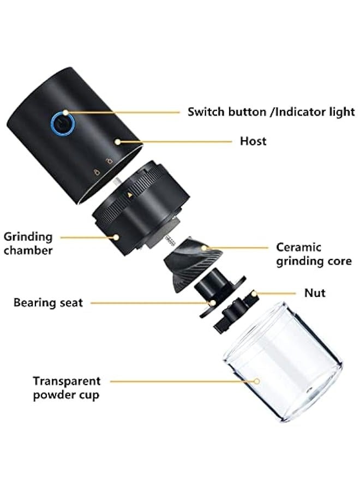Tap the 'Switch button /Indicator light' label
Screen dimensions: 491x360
pos(271,112)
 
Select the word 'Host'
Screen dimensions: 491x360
pos(253,141)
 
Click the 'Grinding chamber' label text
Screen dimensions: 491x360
pos(28,243)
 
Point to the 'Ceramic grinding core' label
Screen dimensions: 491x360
pos(314,254)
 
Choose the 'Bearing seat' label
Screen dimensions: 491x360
pos(49,302)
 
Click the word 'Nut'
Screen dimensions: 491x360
pos(315,293)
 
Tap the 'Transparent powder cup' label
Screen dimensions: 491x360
pos(67,388)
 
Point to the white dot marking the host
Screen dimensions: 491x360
pos(117,141)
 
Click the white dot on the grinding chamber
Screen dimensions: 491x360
pos(116,237)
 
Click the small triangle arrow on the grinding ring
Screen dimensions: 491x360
pos(130,194)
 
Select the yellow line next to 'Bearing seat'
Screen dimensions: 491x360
pos(147,302)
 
